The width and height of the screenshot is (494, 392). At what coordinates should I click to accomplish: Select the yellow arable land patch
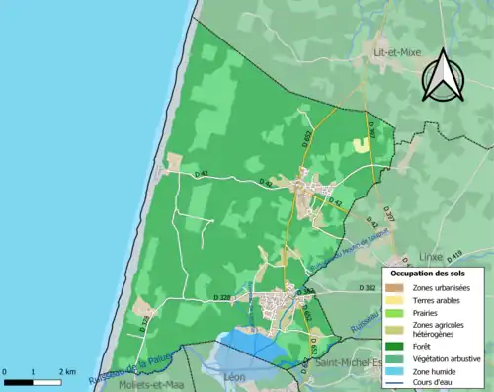pos(361,144)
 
